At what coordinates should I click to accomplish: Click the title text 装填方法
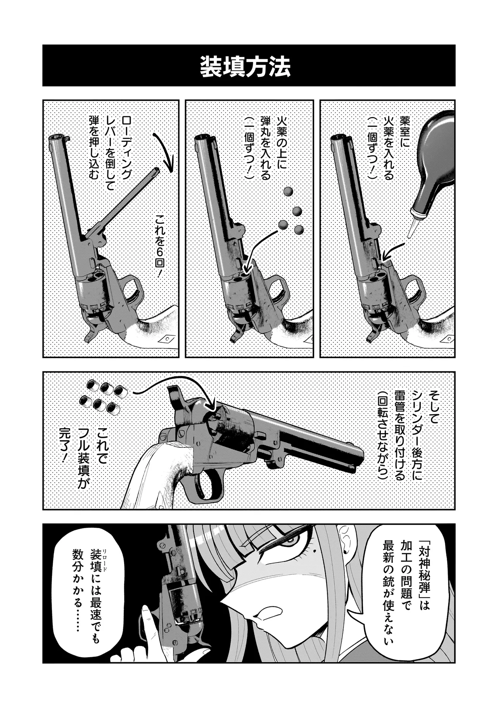(245, 67)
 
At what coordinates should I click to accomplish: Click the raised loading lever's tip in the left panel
(157, 171)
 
